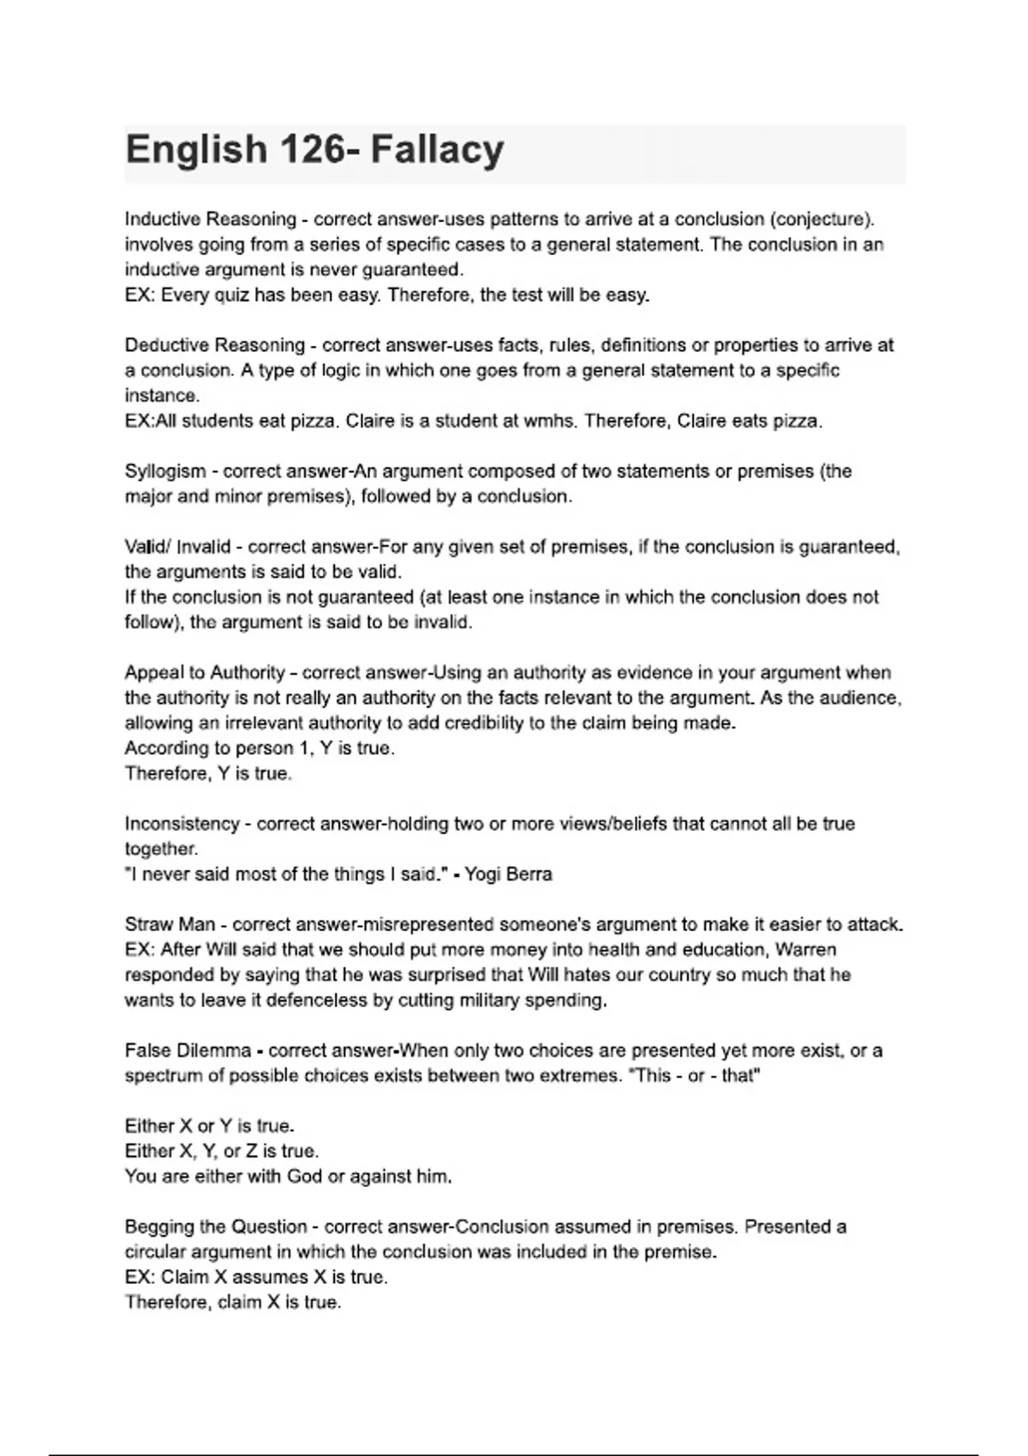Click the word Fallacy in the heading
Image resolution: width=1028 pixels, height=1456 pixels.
pos(437,150)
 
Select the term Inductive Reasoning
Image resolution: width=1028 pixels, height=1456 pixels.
pos(210,219)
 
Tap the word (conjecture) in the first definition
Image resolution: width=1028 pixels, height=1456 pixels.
pos(822,219)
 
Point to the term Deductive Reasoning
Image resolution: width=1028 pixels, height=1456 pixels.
pos(214,345)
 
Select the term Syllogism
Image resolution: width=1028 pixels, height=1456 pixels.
pos(165,471)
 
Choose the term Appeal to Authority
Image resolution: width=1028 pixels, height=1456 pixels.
pos(205,672)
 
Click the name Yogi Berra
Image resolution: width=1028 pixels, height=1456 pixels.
pos(508,874)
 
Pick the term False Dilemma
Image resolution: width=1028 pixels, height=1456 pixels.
pos(188,1051)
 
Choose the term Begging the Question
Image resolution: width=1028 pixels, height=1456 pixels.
pos(216,1226)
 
